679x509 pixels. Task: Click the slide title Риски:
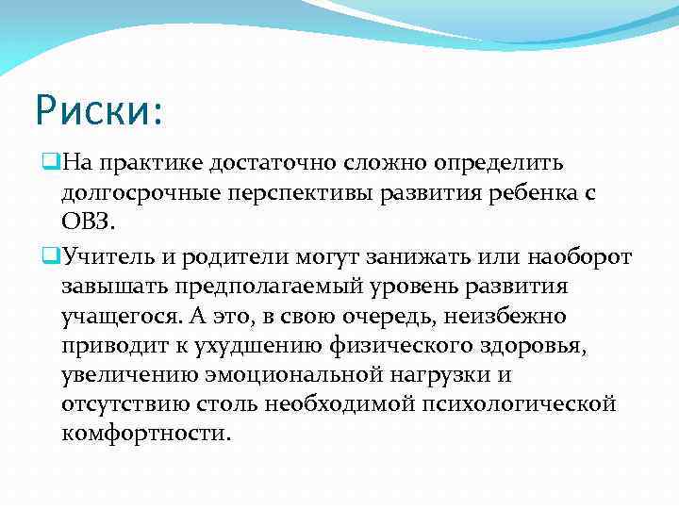click(99, 110)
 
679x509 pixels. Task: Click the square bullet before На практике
click(51, 164)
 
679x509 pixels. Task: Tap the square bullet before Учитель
click(51, 255)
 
